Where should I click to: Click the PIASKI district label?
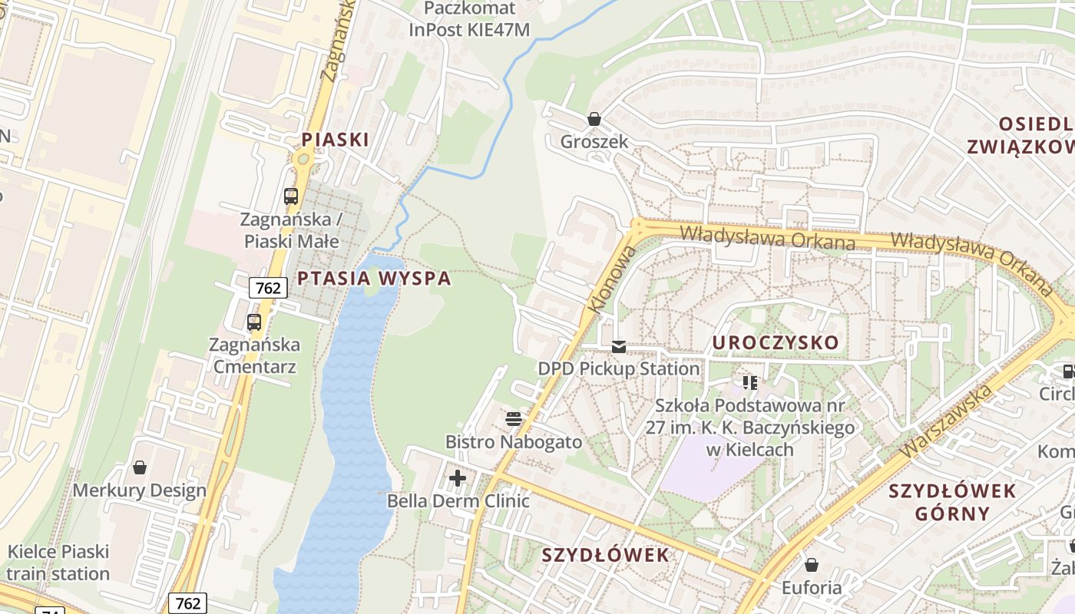(x=335, y=140)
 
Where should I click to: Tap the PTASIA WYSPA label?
(x=374, y=279)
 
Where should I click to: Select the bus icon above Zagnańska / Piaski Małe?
(x=290, y=196)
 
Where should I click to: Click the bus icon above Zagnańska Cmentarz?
(x=254, y=322)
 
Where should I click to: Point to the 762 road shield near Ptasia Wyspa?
(x=268, y=288)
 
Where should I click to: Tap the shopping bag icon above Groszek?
(x=594, y=119)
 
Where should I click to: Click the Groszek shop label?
(x=594, y=142)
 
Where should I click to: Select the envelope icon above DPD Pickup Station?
(x=619, y=346)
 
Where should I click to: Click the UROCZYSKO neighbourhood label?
(x=776, y=343)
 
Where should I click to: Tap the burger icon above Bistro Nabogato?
(x=513, y=419)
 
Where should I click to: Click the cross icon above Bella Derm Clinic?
(x=458, y=478)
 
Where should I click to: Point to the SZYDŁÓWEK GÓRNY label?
(x=952, y=502)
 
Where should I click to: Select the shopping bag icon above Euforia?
(x=812, y=566)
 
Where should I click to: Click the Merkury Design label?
(x=140, y=490)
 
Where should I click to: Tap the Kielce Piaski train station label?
(x=58, y=563)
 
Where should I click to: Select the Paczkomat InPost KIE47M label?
(x=469, y=19)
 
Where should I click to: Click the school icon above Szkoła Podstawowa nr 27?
(x=750, y=381)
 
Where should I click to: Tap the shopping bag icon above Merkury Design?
(x=140, y=467)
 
